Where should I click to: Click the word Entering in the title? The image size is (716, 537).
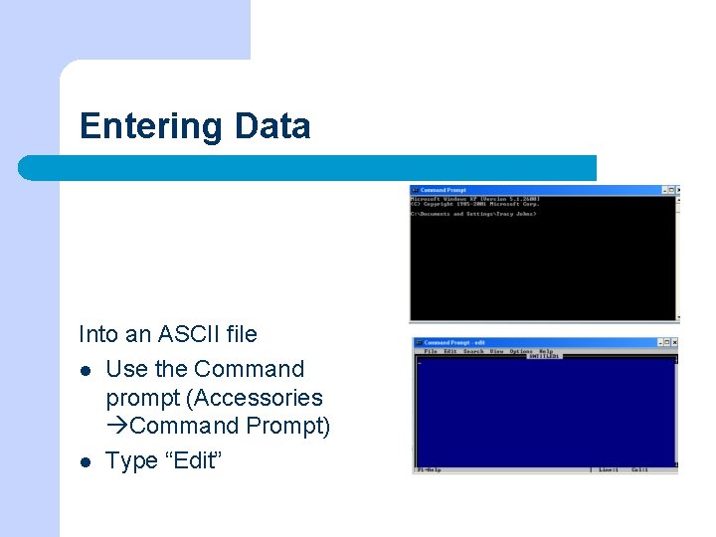151,127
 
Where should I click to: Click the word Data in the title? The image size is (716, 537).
272,126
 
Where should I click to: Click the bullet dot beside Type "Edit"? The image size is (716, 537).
87,461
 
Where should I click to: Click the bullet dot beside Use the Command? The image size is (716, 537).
87,370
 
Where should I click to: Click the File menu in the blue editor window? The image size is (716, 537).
431,351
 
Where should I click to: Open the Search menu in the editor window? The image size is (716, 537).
473,351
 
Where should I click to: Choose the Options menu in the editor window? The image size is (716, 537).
521,351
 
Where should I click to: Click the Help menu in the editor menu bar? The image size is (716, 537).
546,351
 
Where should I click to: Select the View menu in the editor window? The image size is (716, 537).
496,351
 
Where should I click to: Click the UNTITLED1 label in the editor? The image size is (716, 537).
544,356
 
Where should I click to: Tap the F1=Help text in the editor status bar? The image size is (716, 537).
429,469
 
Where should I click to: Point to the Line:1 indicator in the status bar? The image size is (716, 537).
608,469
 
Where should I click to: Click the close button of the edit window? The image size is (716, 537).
673,343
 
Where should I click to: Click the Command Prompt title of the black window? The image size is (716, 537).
443,190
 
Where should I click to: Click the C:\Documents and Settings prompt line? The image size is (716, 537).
473,214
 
